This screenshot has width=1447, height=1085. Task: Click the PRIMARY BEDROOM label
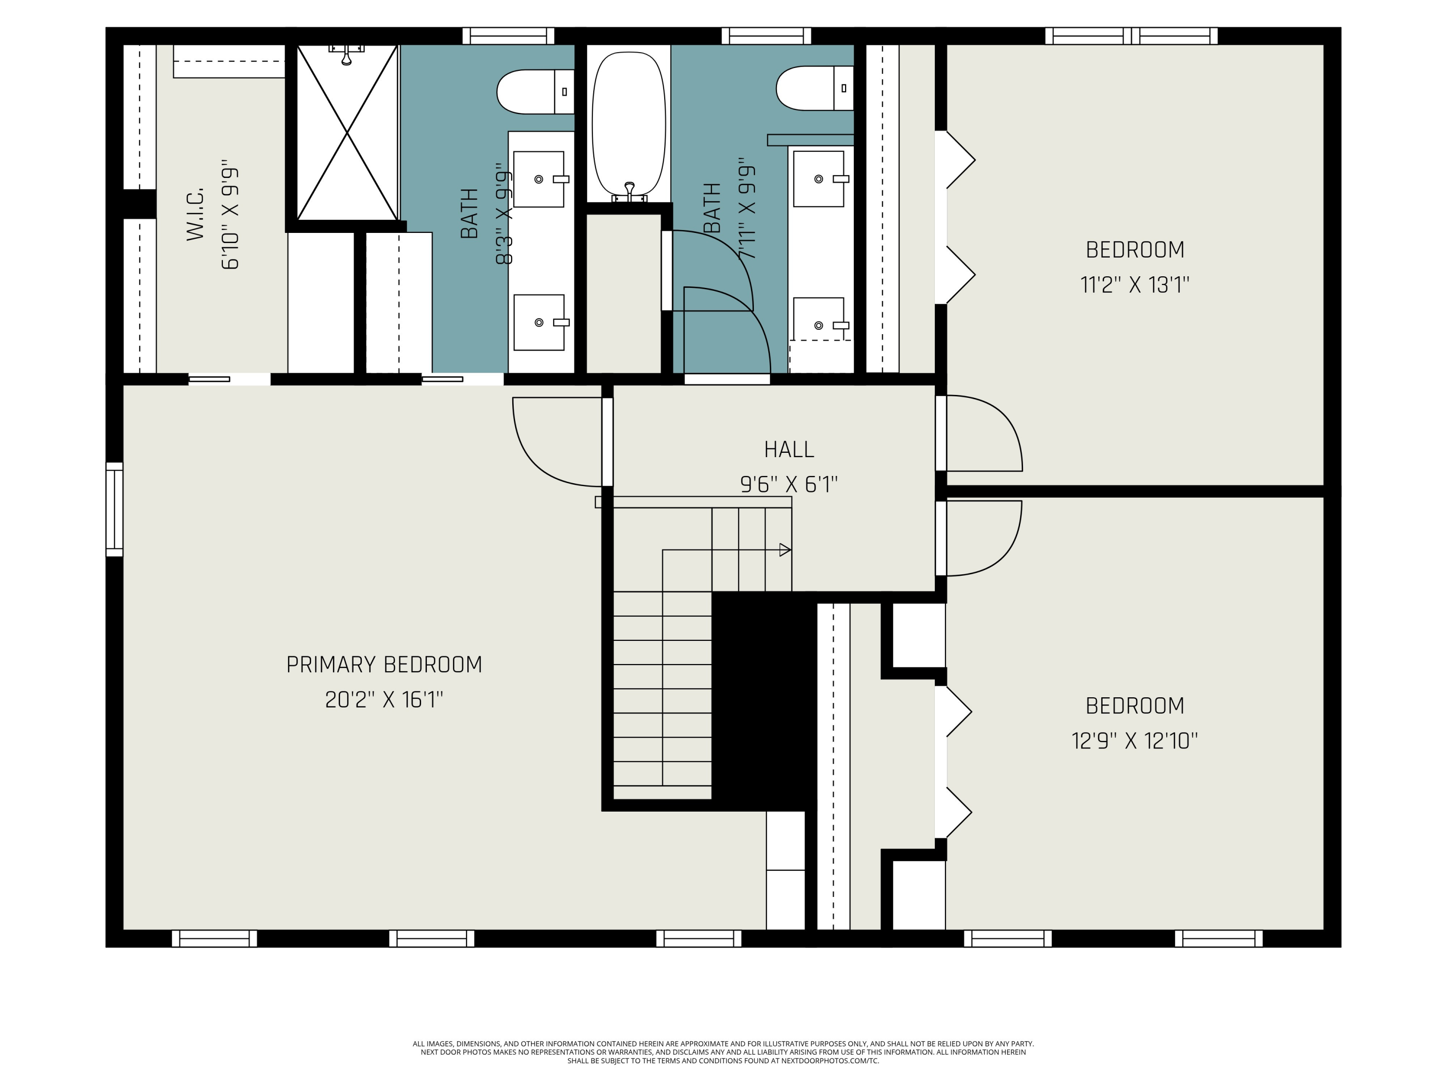click(384, 665)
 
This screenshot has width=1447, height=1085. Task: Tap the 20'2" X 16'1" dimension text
click(384, 700)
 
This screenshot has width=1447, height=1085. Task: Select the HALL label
click(789, 449)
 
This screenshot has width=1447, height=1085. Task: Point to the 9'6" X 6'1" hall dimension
click(789, 485)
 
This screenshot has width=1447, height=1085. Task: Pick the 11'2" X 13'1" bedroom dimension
click(1134, 285)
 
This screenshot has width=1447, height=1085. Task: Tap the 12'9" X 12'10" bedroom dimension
click(1134, 741)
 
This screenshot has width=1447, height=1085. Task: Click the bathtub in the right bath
click(628, 124)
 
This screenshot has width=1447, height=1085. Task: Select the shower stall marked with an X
click(347, 132)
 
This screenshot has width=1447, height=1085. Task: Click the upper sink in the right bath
click(819, 178)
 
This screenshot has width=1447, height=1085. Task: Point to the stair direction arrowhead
click(785, 550)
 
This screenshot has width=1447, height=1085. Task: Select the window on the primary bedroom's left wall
click(114, 510)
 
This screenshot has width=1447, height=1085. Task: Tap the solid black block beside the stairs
click(764, 700)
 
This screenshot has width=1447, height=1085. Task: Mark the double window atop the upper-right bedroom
click(1131, 36)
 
